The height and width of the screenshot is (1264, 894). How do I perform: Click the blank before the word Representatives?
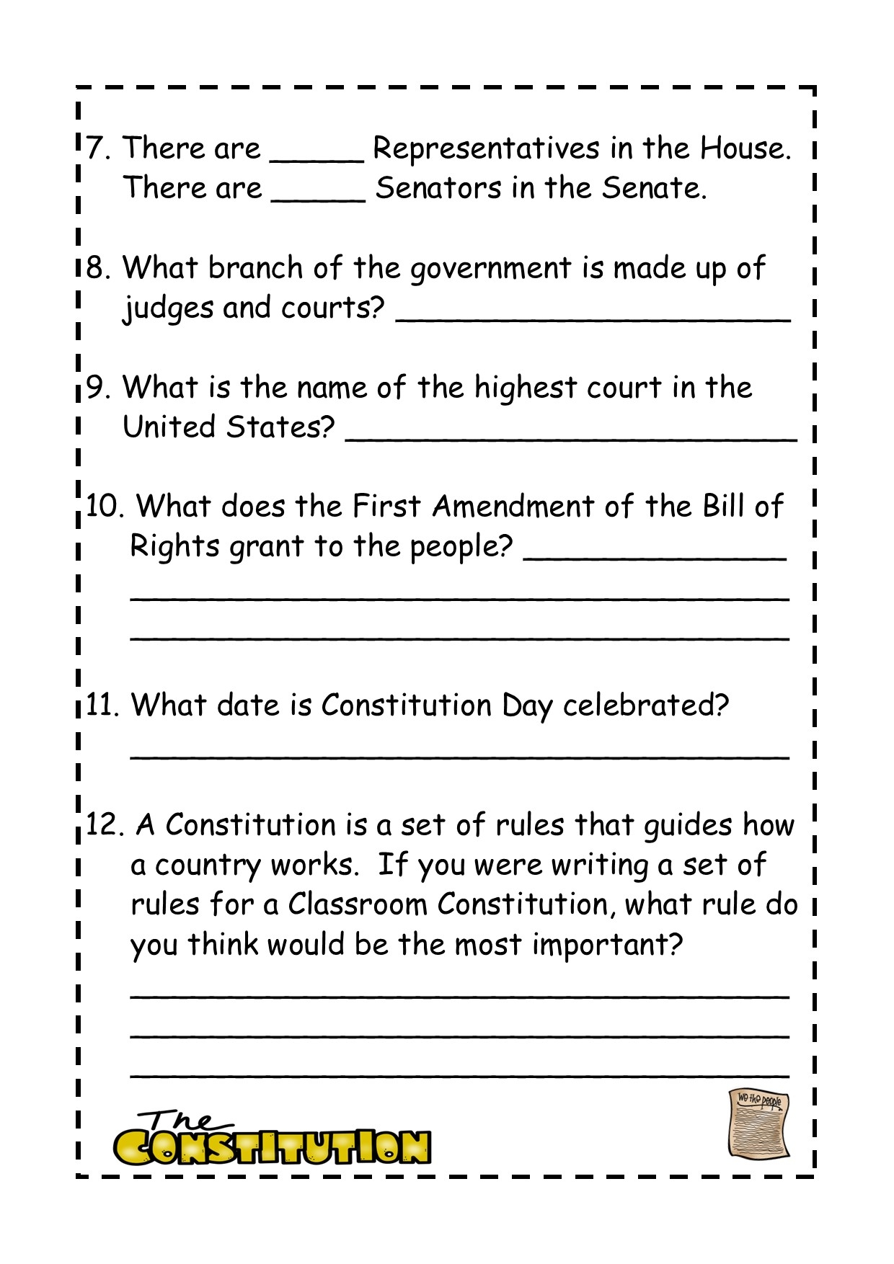tap(317, 159)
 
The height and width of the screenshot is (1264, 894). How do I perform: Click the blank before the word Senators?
tap(318, 198)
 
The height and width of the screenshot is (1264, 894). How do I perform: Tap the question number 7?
tap(97, 148)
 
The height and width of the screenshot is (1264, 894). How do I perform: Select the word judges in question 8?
tap(167, 308)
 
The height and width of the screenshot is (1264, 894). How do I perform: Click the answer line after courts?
tap(593, 317)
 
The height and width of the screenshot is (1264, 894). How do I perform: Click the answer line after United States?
tap(571, 437)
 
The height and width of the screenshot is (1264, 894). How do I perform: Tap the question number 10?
tap(104, 506)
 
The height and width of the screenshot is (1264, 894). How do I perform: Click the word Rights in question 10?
tap(174, 546)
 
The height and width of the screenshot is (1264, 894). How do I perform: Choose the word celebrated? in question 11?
tap(645, 705)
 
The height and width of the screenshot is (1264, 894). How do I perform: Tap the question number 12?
tap(105, 824)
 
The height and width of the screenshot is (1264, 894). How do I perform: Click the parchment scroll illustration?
tap(758, 1124)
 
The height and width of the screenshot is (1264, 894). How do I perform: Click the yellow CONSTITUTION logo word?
tap(272, 1147)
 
